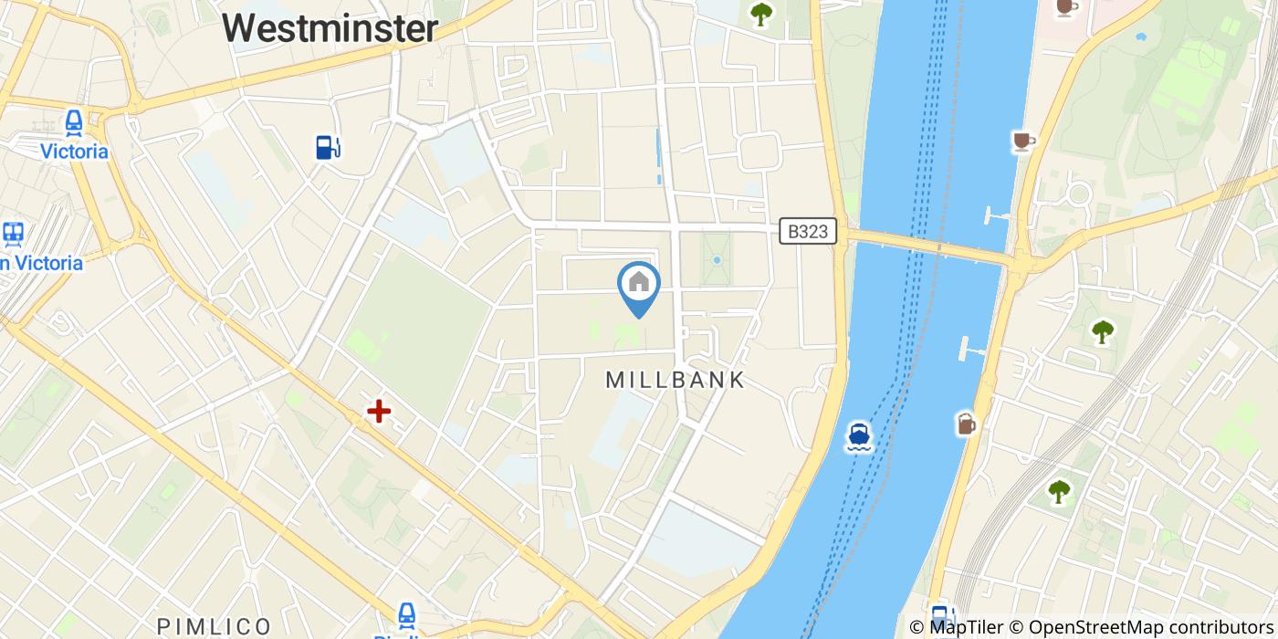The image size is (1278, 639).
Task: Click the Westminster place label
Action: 330,27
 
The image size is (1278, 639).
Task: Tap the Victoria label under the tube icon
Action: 74,152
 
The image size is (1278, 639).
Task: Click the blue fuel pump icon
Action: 327,147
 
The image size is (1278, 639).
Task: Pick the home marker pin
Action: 639,285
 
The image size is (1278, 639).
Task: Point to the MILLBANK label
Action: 676,380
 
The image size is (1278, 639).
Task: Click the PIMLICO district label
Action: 215,626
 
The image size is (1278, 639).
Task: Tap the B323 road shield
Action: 809,232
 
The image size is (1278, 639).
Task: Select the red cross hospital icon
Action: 379,412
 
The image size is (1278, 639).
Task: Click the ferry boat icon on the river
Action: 858,435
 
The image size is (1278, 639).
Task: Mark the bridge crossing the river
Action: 931,246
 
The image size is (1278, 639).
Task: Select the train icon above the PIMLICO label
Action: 407,614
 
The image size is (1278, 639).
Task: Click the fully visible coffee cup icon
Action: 1023,141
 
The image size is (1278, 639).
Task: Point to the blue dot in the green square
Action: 718,260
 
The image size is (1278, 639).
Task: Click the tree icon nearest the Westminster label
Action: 760,13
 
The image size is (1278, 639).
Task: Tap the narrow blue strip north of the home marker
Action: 658,156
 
